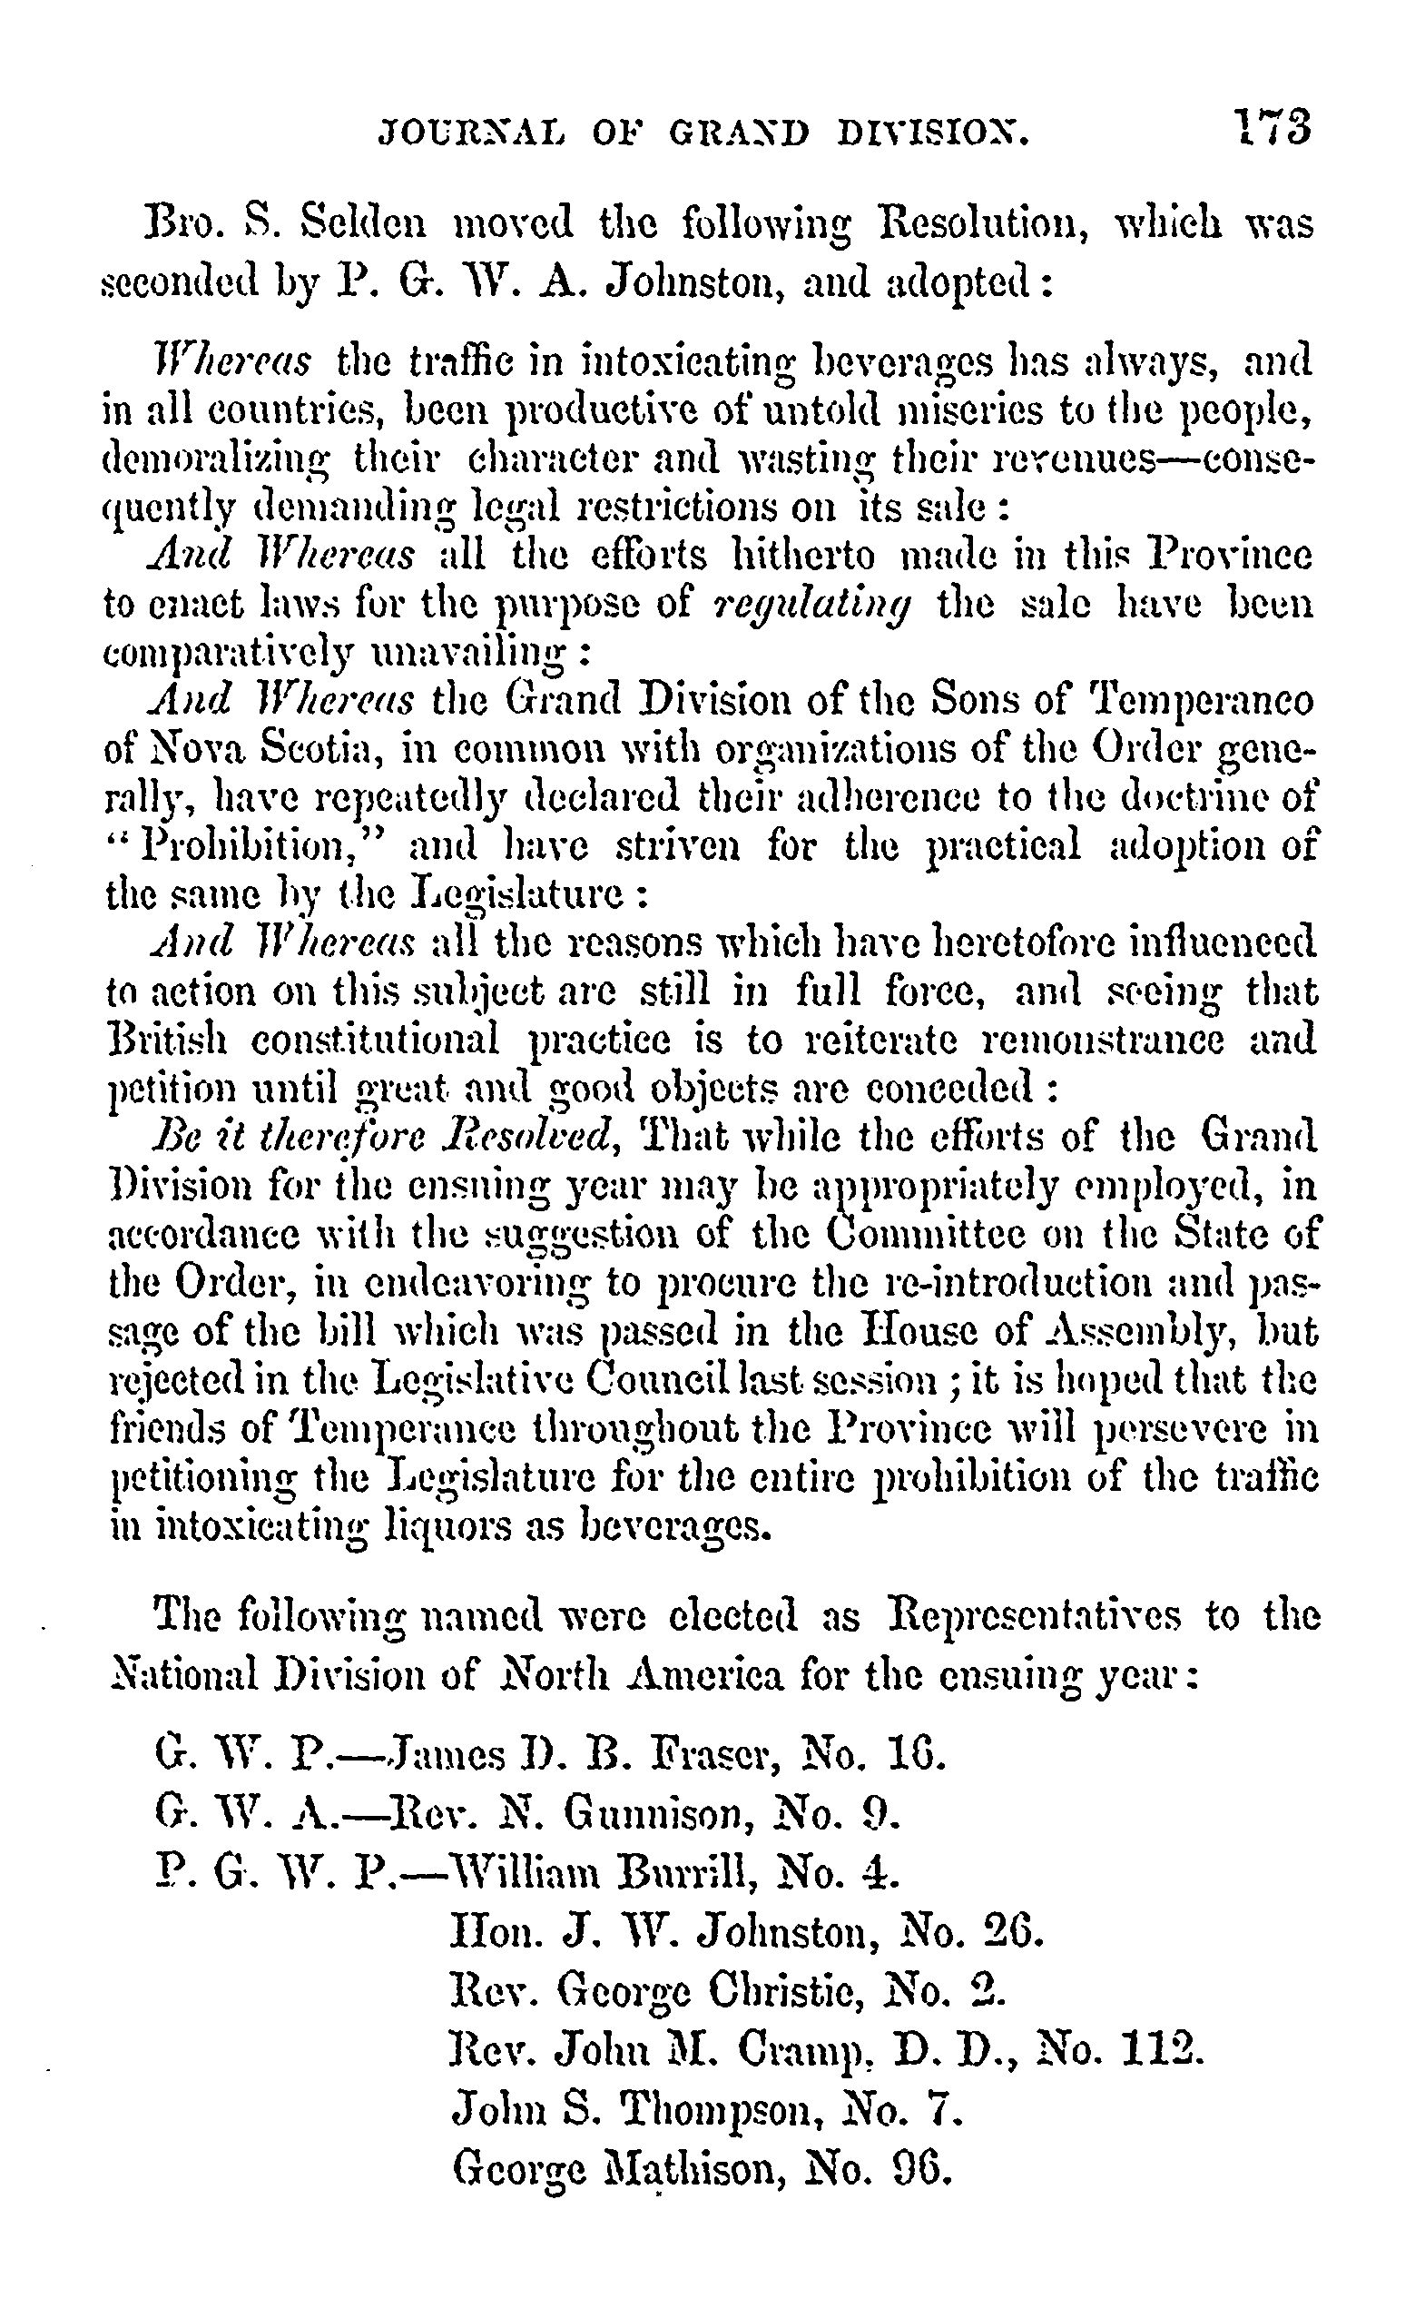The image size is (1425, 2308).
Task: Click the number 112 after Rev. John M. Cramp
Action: (1165, 2048)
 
